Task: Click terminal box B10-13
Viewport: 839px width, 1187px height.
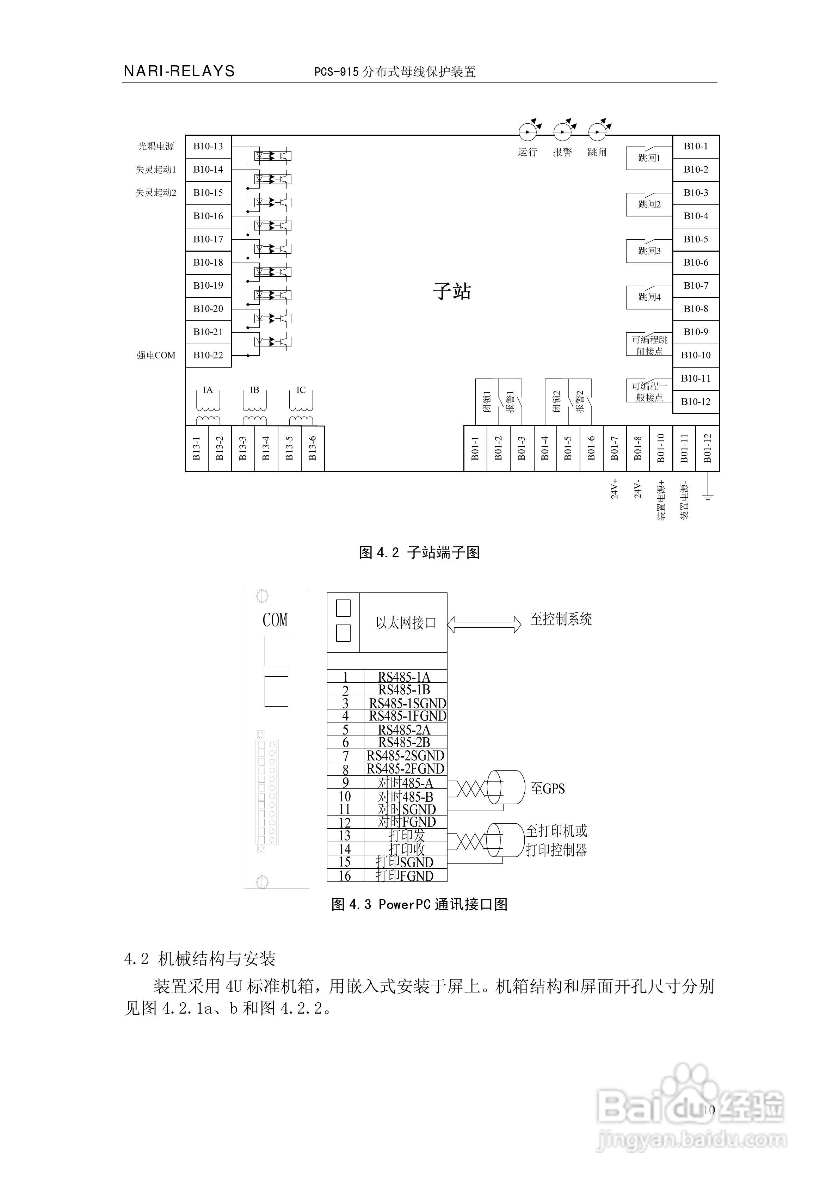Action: (x=208, y=146)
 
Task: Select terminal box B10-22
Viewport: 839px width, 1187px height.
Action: (x=208, y=355)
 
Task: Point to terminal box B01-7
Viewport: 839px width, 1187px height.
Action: (x=614, y=448)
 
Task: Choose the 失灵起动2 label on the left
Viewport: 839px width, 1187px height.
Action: (x=156, y=193)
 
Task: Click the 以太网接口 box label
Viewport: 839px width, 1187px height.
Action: (x=406, y=623)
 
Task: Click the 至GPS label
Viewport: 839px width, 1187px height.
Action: (x=548, y=789)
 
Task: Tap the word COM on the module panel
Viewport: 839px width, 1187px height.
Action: (x=275, y=620)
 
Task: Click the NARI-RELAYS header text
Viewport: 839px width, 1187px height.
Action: (x=179, y=71)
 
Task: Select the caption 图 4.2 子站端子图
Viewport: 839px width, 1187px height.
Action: (x=419, y=553)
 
